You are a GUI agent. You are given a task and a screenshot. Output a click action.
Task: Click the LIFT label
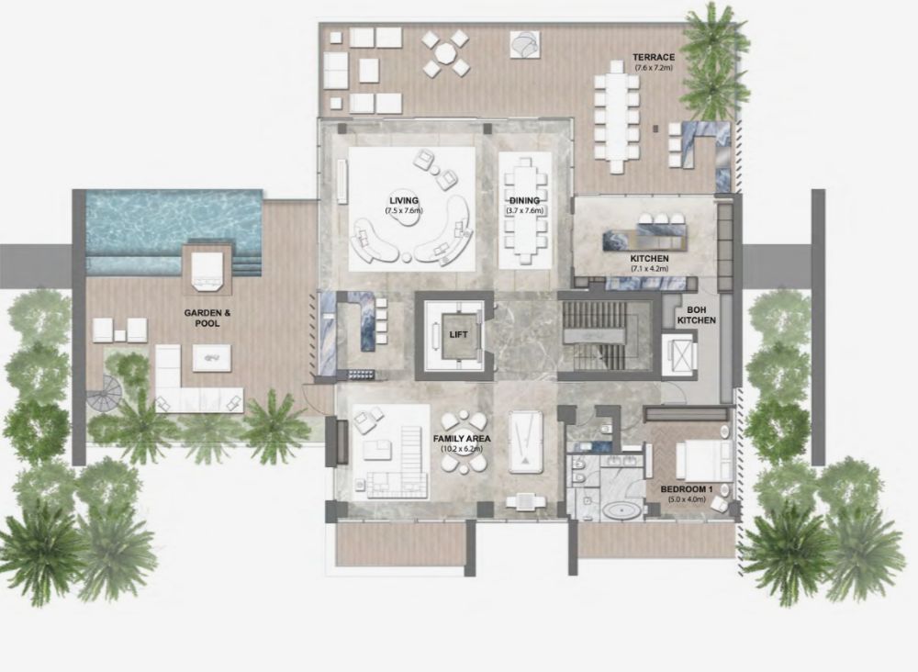pyautogui.click(x=458, y=335)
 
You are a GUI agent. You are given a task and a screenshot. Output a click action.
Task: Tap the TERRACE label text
pyautogui.click(x=654, y=57)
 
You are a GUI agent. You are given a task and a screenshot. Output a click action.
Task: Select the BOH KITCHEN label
pyautogui.click(x=696, y=315)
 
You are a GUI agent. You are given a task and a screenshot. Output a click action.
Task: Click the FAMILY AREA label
pyautogui.click(x=462, y=439)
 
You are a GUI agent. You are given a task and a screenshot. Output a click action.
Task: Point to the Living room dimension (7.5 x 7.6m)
pyautogui.click(x=404, y=209)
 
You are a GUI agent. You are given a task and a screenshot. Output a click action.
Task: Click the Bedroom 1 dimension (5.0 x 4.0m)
pyautogui.click(x=686, y=499)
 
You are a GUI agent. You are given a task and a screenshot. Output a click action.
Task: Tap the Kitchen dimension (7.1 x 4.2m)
pyautogui.click(x=649, y=269)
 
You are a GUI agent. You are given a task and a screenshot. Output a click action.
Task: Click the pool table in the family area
pyautogui.click(x=526, y=442)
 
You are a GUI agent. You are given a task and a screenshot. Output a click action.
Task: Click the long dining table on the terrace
pyautogui.click(x=617, y=117)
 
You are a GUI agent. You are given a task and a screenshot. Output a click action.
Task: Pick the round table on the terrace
pyautogui.click(x=445, y=54)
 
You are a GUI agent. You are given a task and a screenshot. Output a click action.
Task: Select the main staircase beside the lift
pyautogui.click(x=604, y=337)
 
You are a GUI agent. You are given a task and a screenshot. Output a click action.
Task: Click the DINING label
pyautogui.click(x=524, y=201)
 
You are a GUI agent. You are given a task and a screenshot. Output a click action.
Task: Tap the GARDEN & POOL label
pyautogui.click(x=207, y=318)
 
